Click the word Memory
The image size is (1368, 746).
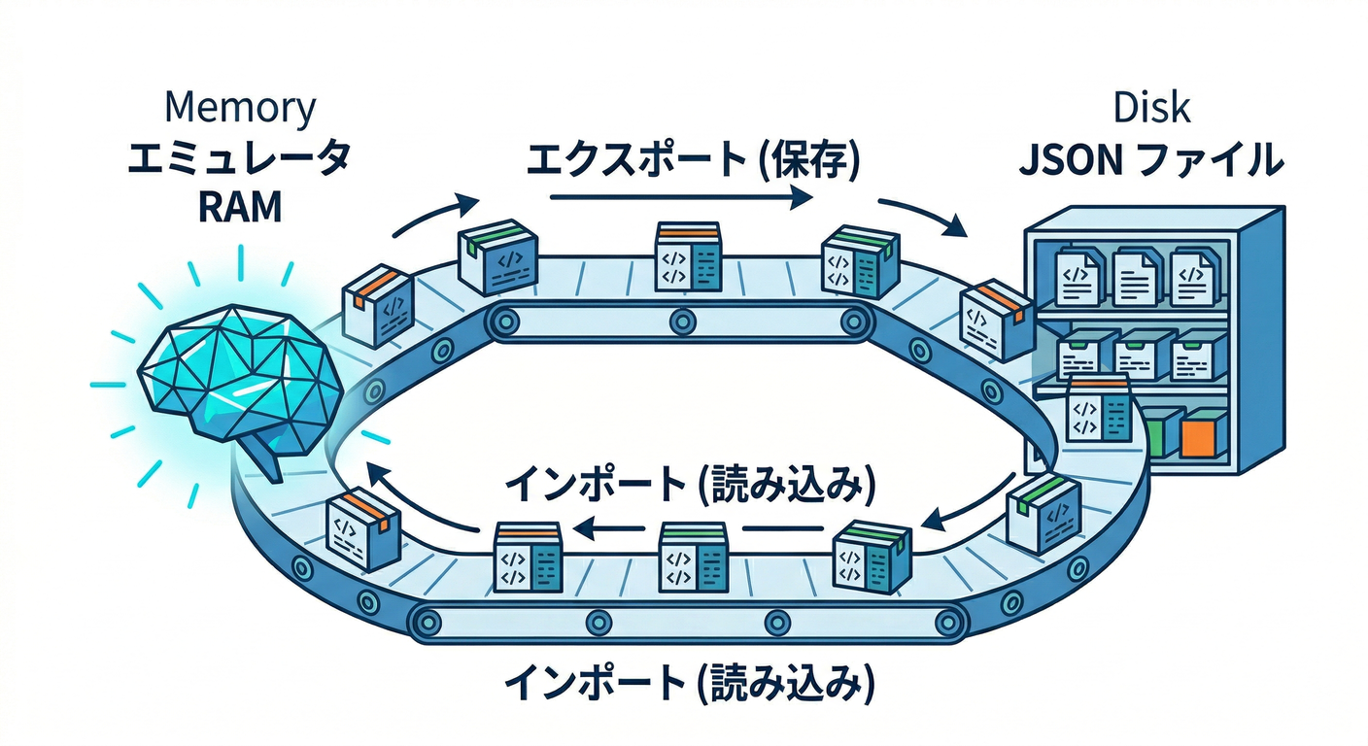(x=240, y=108)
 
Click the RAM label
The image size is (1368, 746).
(x=239, y=207)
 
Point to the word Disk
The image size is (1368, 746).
(x=1154, y=108)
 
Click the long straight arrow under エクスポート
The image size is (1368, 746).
(x=680, y=199)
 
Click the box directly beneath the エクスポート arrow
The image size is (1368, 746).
(x=687, y=256)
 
